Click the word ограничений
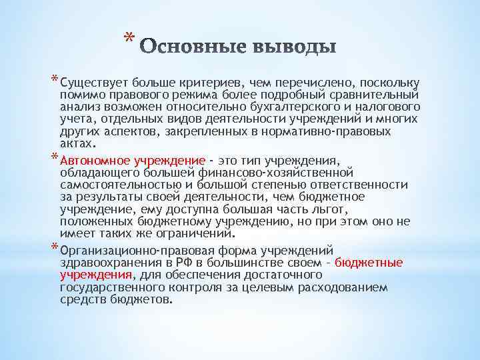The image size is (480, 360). [x=198, y=233]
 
